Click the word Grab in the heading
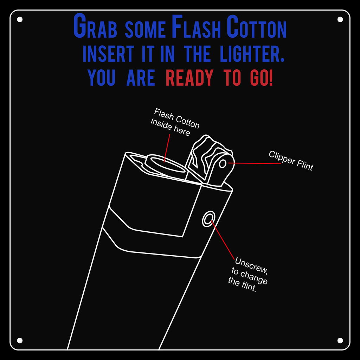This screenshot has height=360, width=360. pos(95,27)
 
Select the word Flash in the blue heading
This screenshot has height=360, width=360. pos(196,27)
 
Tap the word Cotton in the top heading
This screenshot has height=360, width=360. pos(257,27)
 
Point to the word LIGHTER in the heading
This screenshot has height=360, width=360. pos(252,54)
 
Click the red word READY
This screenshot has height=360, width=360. pos(189,78)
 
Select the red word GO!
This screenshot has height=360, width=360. pos(261,78)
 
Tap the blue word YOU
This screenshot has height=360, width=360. pos(101,78)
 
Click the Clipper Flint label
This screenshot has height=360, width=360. pos(291,161)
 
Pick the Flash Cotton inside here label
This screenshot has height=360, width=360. pos(175,122)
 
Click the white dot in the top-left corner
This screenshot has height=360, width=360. pos(20,19)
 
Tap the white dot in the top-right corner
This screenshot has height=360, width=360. pos(340,19)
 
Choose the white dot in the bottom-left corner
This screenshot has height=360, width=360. pos(20,340)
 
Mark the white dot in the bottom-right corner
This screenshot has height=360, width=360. pos(340,340)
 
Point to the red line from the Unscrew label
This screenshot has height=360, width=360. pos(223,241)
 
